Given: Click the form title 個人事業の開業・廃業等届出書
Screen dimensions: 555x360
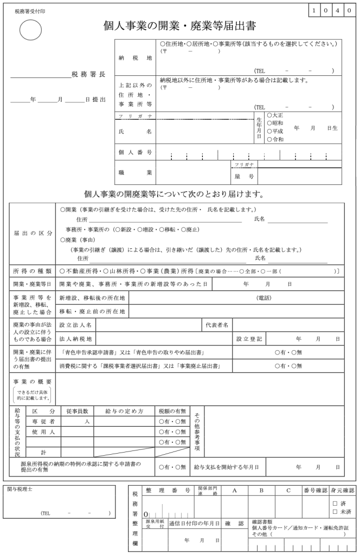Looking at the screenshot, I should click(179, 25).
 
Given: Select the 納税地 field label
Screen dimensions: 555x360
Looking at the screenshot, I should click(135, 57).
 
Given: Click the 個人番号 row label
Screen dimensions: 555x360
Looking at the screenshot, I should click(135, 152).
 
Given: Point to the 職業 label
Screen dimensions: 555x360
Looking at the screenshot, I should click(135, 172).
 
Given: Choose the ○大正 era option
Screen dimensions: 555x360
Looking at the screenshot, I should click(275, 115).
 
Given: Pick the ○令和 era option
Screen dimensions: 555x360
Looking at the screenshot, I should click(275, 139).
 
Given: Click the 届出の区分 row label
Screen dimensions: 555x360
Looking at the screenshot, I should click(33, 233).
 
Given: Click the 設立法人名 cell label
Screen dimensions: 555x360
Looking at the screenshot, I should click(76, 325).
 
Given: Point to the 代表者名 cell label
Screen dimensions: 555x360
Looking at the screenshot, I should click(217, 325).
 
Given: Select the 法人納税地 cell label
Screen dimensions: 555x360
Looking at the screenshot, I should click(76, 339).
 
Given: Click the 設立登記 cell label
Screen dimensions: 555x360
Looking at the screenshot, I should click(249, 339).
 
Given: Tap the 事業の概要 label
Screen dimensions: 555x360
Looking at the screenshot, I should click(33, 382).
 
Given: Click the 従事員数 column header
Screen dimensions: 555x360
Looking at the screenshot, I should click(77, 411).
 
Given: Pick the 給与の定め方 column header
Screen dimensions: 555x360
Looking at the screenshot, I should click(124, 411).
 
